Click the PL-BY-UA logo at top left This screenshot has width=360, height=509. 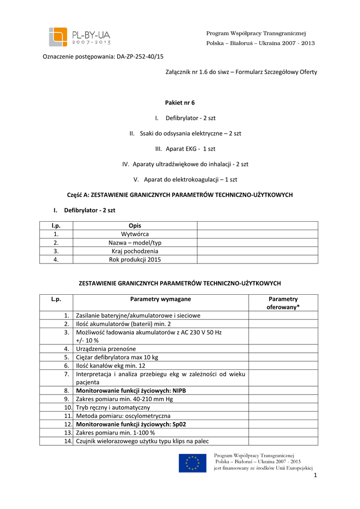point(80,37)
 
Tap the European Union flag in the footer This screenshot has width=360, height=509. point(192,463)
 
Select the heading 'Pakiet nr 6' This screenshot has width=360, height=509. point(180,102)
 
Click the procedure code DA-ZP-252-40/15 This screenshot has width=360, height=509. point(140,57)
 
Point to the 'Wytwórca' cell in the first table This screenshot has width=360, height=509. point(135,234)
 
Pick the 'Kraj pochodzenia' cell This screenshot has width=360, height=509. point(135,251)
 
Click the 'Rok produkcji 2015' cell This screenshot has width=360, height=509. point(135,259)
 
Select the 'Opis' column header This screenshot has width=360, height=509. point(135,226)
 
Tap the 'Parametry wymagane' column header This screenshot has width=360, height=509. point(160,299)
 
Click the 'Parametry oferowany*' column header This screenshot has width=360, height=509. point(283,303)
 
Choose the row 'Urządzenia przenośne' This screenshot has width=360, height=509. point(105,349)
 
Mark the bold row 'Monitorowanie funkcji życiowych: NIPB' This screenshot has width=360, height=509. point(131,391)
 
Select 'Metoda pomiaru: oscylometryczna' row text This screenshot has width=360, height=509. point(123,416)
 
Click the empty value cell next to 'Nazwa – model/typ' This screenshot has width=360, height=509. point(257,243)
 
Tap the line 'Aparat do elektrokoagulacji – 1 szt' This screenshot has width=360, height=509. point(185,179)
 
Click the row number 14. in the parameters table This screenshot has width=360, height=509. point(69,441)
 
